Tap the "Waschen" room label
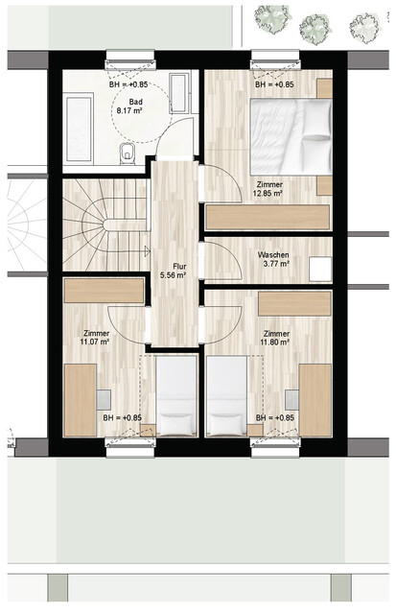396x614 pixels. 272,256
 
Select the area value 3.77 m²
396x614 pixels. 272,267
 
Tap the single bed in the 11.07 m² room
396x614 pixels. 175,395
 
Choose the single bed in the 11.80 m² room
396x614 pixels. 226,395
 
